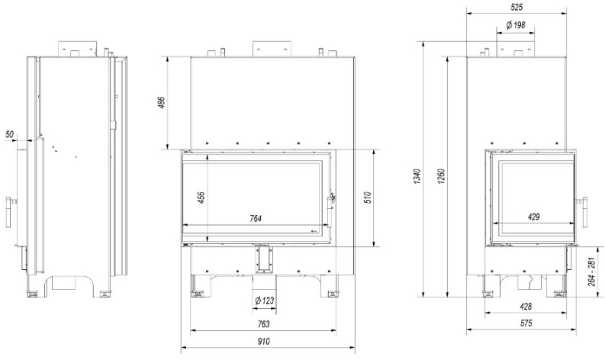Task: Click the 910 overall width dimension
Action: point(264,341)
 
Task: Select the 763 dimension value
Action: point(264,324)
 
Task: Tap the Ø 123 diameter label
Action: point(265,301)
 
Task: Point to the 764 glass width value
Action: point(256,219)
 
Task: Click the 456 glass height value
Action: point(201,198)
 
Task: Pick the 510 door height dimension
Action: point(367,198)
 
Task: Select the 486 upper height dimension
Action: point(162,103)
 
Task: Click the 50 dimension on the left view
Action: point(10,135)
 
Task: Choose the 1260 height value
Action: point(442,176)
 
